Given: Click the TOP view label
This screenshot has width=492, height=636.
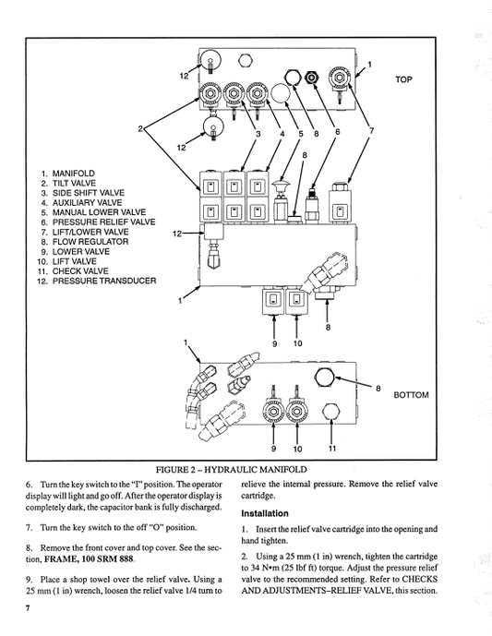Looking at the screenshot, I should tap(404, 79).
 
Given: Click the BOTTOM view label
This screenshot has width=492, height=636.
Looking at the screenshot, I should tap(411, 395).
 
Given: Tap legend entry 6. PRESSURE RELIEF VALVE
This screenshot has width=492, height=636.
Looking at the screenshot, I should tap(97, 222).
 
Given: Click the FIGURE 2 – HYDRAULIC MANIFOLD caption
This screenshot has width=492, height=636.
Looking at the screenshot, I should tap(245, 470).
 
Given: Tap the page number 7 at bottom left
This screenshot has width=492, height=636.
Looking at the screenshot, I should tap(29, 610).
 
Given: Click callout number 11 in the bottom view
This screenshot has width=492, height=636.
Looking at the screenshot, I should tap(332, 450).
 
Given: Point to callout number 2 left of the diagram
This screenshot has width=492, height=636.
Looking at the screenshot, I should tap(140, 128).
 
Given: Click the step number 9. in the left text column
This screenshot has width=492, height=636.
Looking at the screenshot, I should tap(30, 578).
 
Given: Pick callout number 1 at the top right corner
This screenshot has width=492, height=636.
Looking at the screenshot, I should tap(370, 64).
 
